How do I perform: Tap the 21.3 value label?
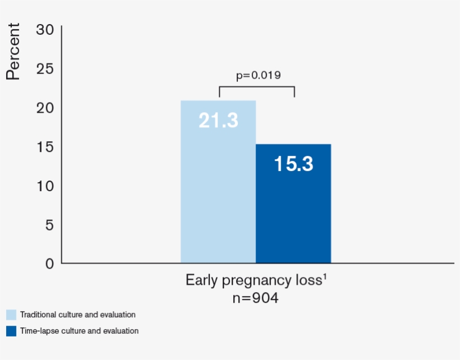click(x=218, y=120)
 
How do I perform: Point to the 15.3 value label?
click(x=293, y=164)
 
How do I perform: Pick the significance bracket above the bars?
click(x=256, y=87)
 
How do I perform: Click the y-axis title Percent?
click(x=13, y=51)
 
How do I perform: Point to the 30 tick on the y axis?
click(x=45, y=29)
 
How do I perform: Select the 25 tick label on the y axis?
click(x=45, y=68)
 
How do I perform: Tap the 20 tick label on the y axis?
click(x=45, y=108)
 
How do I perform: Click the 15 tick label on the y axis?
click(x=45, y=146)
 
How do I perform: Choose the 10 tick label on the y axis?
click(x=45, y=186)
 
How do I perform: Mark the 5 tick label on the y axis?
click(x=49, y=225)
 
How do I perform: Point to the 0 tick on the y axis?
click(x=49, y=263)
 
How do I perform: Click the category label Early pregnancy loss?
click(x=255, y=280)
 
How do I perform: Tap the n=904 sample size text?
click(x=255, y=298)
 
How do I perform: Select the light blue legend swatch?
click(x=11, y=315)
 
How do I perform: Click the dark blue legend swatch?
click(x=11, y=331)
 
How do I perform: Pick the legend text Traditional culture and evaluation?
click(x=77, y=315)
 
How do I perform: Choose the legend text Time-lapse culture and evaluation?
click(x=79, y=331)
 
